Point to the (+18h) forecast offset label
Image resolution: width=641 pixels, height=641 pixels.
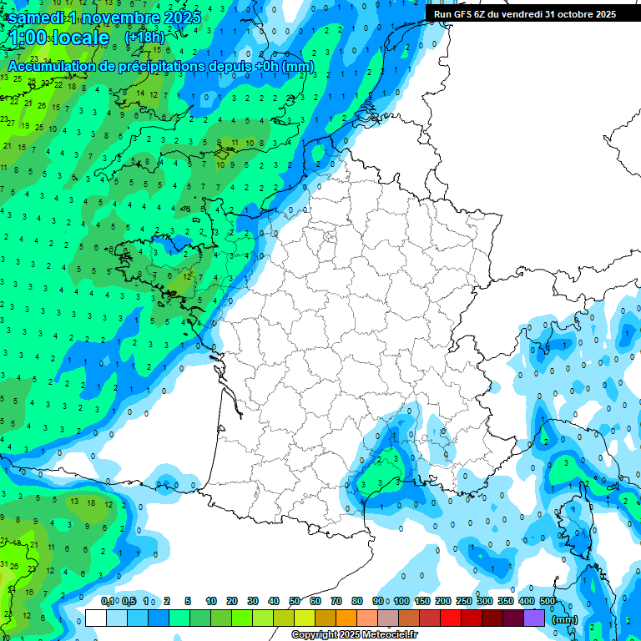click(144, 38)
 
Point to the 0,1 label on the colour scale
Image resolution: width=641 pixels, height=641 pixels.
click(108, 601)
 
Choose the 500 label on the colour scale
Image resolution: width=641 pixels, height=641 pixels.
click(548, 601)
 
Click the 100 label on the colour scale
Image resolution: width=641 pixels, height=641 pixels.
click(401, 601)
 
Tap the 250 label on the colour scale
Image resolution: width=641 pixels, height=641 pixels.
click(463, 601)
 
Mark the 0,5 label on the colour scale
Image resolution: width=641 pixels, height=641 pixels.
click(129, 601)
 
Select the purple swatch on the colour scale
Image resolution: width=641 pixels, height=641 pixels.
click(534, 618)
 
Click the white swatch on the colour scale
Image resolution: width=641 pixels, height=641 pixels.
click(96, 618)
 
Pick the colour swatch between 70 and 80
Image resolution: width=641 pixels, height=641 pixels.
click(346, 618)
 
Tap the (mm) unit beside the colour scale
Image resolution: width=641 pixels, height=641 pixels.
click(565, 620)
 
